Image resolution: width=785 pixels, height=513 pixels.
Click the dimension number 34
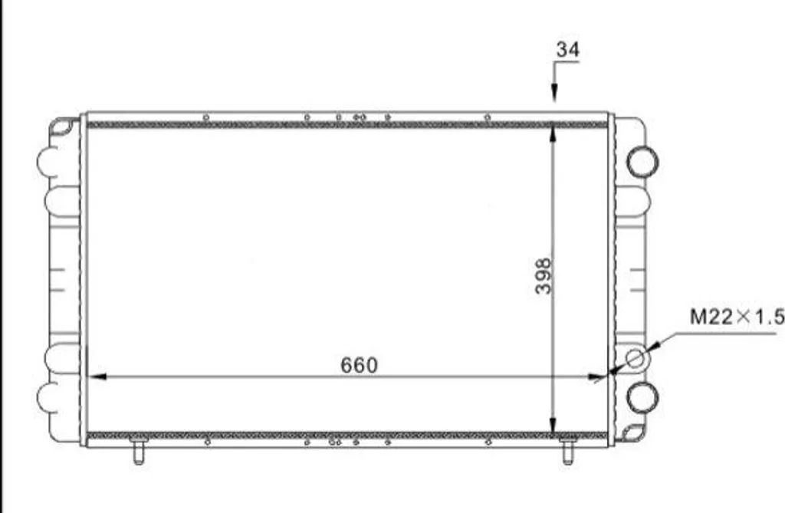[568, 50]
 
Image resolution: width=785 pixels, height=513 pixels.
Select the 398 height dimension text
[543, 275]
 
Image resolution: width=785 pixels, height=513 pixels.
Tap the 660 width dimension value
[359, 365]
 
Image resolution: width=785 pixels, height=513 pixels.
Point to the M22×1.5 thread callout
[737, 317]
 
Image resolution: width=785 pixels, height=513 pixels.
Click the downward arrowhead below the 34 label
[554, 94]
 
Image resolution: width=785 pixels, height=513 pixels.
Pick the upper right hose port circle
[642, 161]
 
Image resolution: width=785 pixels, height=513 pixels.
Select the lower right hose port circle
[642, 397]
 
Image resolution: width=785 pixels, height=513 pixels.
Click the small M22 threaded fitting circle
[635, 359]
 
